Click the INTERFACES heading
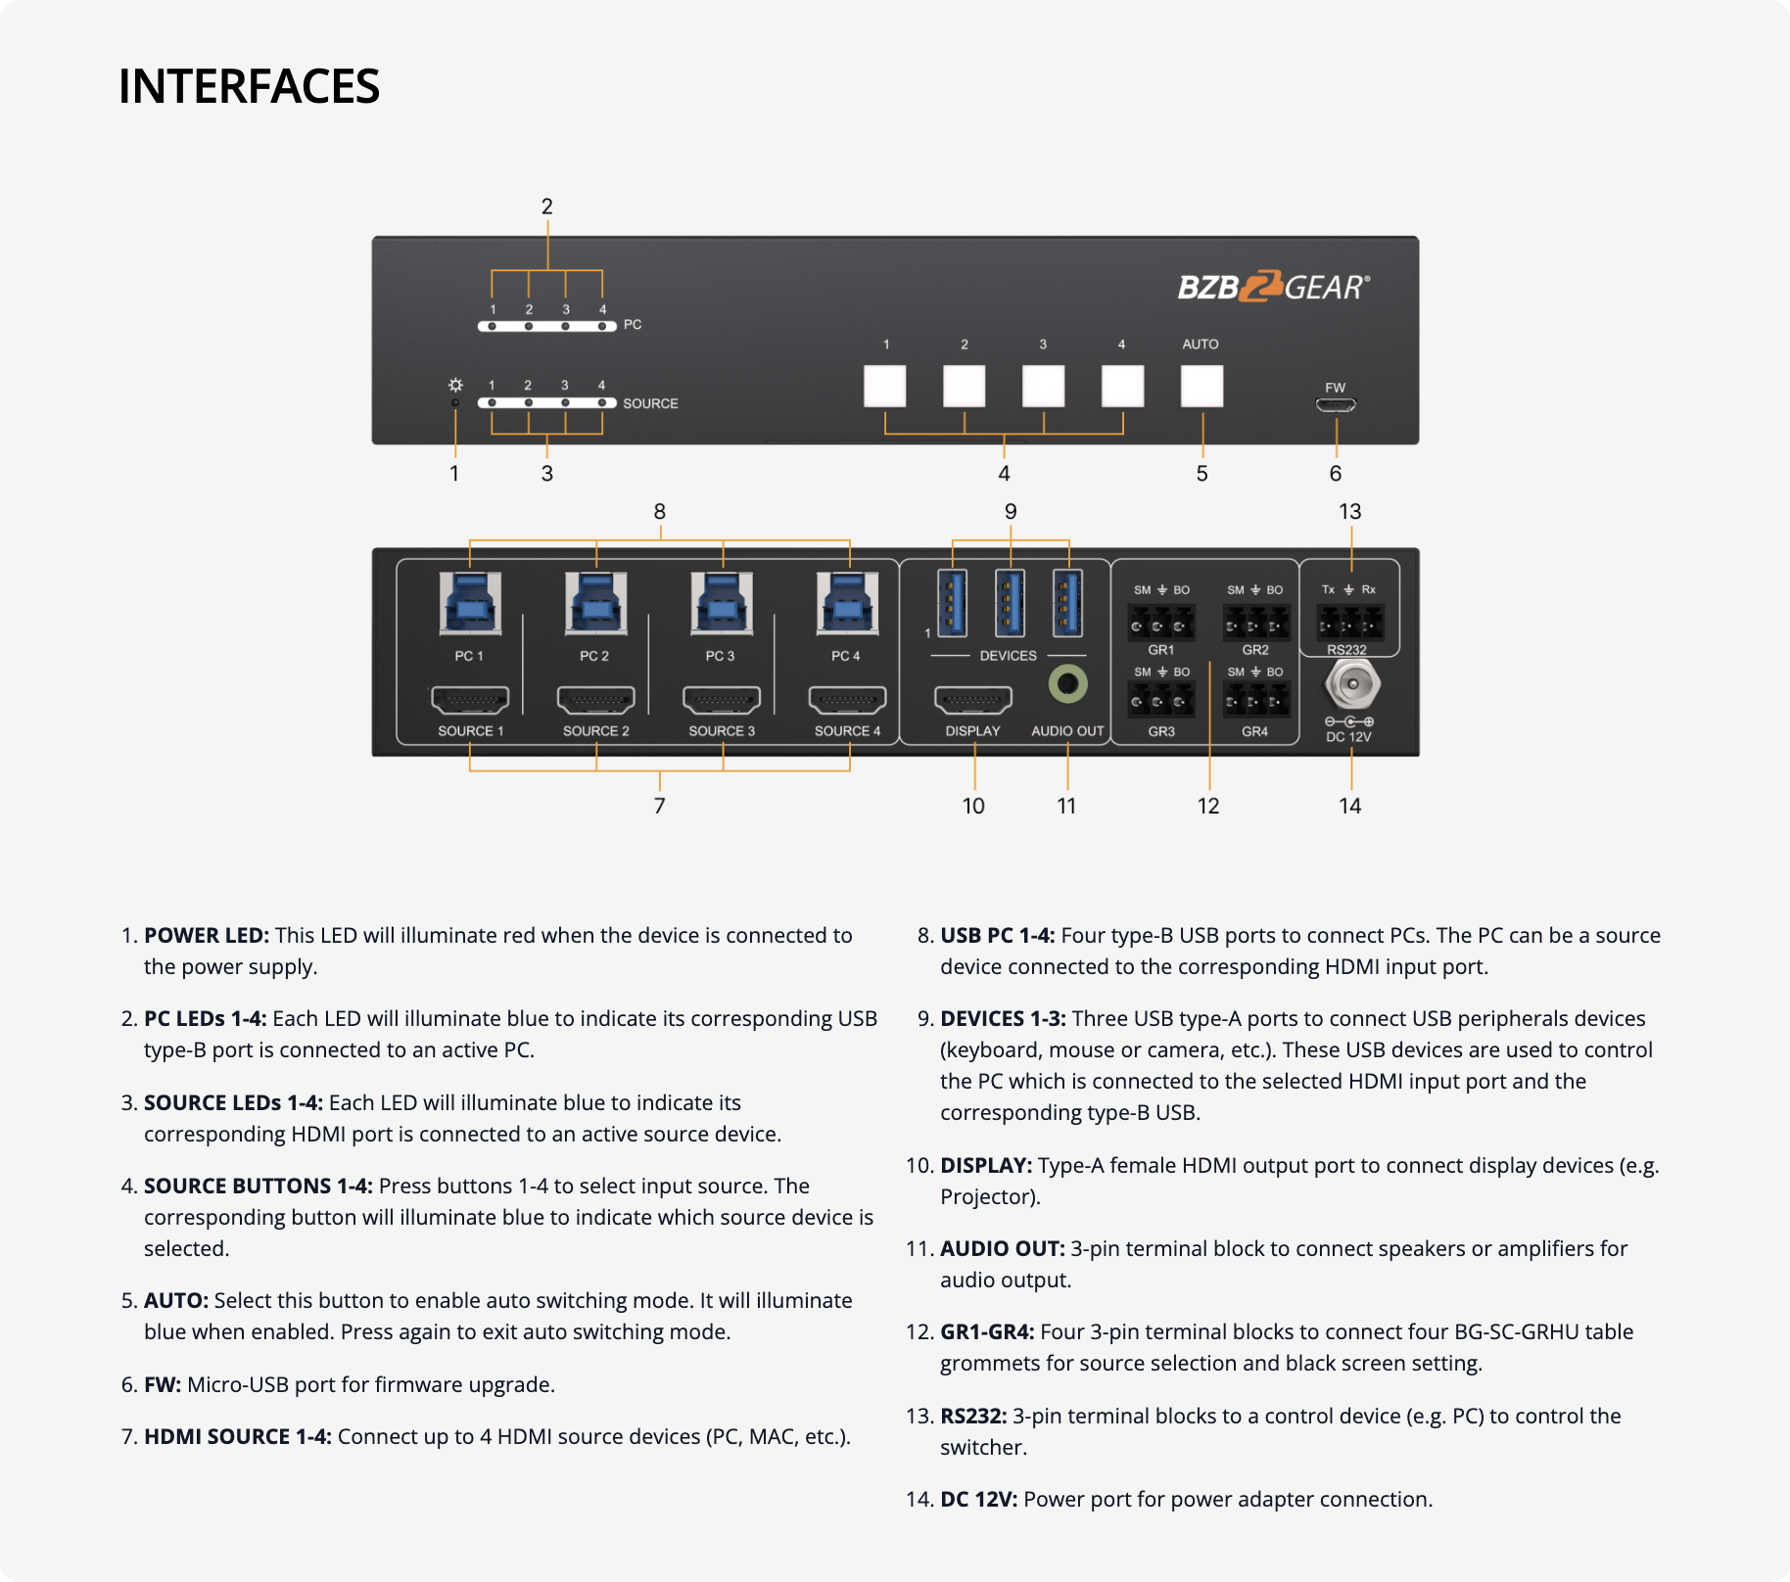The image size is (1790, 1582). (249, 86)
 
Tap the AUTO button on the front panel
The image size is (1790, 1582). (1201, 385)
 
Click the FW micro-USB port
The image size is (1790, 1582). (1335, 404)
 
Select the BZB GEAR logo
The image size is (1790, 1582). (1273, 287)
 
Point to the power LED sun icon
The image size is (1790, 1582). (455, 386)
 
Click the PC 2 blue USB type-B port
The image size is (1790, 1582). (595, 602)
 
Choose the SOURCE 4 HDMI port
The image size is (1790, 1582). (847, 700)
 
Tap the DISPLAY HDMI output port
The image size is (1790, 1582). (972, 700)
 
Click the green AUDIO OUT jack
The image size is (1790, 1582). (1067, 683)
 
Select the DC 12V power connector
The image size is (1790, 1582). (1352, 684)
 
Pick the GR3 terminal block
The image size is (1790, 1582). (1160, 700)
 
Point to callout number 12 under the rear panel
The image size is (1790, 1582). (1208, 806)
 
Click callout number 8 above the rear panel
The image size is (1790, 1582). (660, 511)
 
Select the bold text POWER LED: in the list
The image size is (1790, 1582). (206, 935)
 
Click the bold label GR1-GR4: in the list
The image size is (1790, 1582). (987, 1331)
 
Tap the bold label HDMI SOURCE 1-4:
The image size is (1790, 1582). (238, 1436)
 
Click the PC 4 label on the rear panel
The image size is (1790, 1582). (846, 656)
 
